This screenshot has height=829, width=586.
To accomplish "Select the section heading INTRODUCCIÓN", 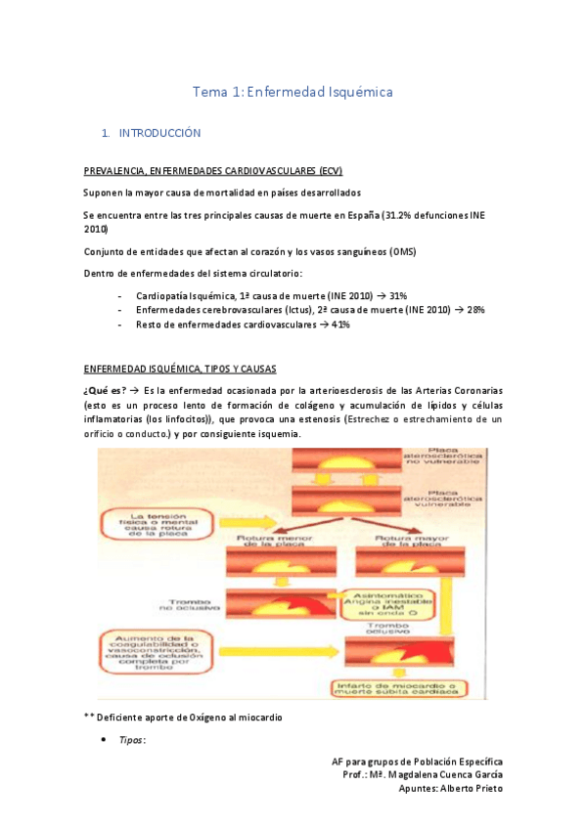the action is (x=159, y=132).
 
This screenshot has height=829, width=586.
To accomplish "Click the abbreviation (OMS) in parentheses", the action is (x=395, y=251).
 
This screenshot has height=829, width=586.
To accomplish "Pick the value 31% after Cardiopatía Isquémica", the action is (x=398, y=295).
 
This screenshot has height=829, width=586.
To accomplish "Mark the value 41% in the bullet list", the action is (x=340, y=325).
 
